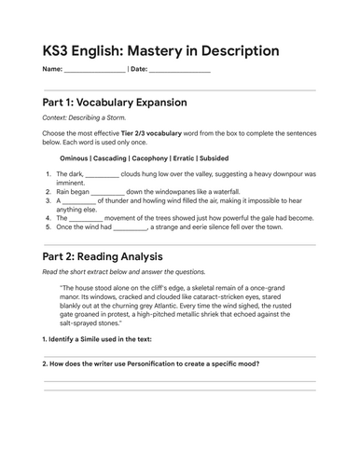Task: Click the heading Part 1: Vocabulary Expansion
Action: pos(115,102)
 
